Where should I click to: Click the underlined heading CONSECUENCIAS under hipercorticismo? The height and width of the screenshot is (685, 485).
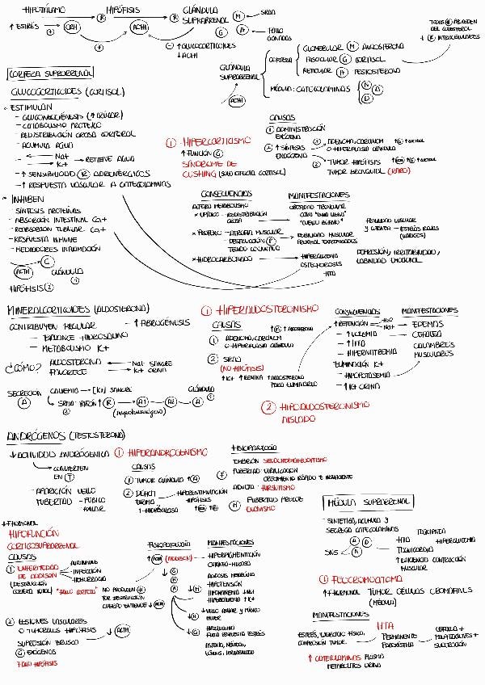tap(230, 195)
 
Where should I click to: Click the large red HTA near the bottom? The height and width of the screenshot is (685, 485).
tap(386, 626)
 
